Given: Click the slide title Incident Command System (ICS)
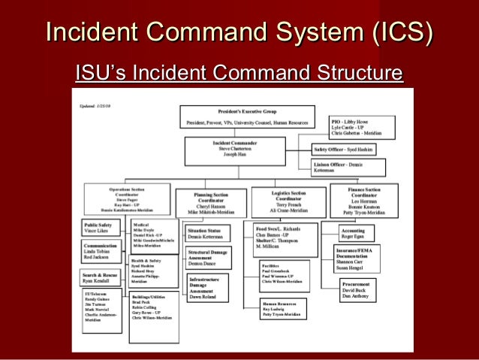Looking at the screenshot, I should coord(239,32).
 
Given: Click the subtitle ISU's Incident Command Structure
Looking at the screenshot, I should coord(239,74).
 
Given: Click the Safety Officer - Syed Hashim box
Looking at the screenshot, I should coord(344,150).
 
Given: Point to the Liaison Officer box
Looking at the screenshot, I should coord(342,167).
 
